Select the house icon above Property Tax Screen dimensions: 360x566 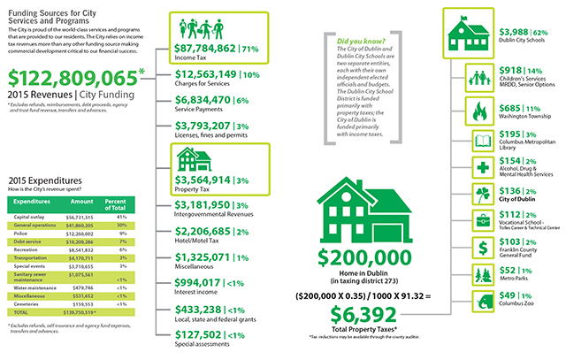click(x=191, y=134)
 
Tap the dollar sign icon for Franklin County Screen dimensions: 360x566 click(x=482, y=247)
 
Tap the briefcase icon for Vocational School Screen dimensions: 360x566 click(x=482, y=220)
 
